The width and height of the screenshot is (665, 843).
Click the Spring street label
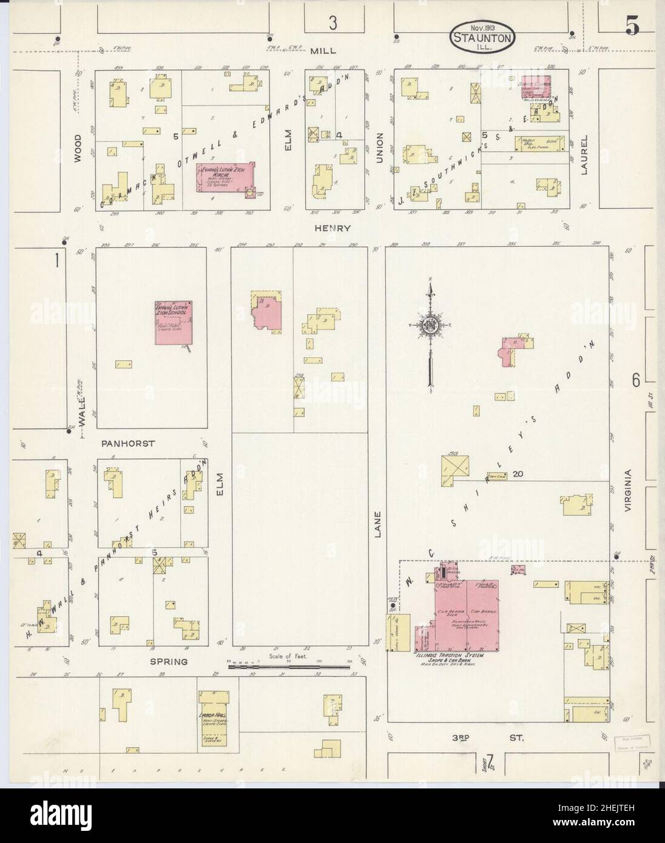click(170, 661)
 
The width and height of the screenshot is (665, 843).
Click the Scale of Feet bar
click(290, 667)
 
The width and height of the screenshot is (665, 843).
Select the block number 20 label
click(517, 474)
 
